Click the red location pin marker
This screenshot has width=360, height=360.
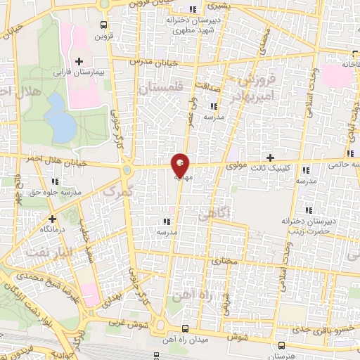(x=180, y=165)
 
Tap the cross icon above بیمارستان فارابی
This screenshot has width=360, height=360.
(x=79, y=62)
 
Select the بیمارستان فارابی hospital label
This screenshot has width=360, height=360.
(x=79, y=72)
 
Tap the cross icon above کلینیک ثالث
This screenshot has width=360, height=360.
(x=270, y=157)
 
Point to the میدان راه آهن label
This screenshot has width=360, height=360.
(x=186, y=340)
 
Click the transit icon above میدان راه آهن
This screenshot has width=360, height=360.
(x=186, y=328)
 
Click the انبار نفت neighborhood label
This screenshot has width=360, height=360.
(x=46, y=250)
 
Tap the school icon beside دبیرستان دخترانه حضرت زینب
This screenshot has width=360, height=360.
(x=307, y=210)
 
